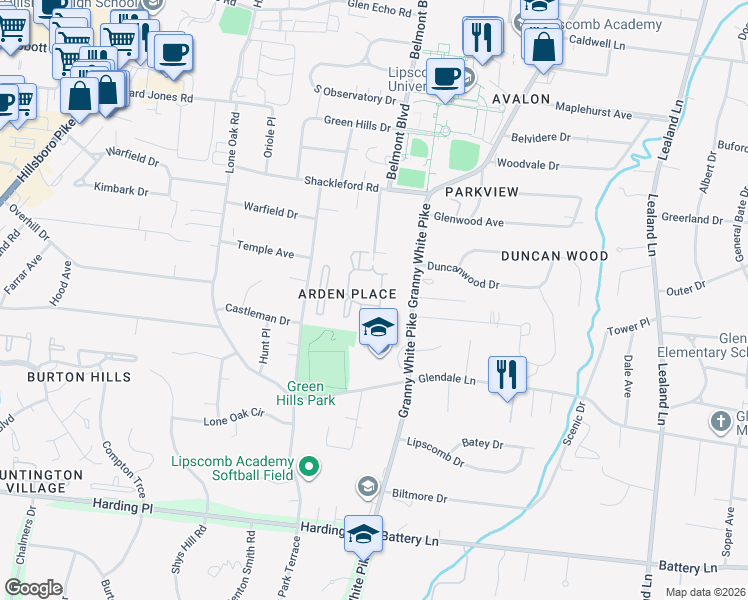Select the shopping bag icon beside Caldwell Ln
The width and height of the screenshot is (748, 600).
click(x=541, y=47)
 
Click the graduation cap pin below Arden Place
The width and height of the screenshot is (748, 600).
click(x=378, y=328)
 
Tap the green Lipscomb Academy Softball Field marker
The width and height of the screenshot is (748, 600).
click(x=309, y=466)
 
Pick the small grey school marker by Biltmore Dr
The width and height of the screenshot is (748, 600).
click(x=367, y=486)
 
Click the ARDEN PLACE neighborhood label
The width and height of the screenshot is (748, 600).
click(x=347, y=293)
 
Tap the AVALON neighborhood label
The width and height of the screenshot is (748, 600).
click(x=520, y=100)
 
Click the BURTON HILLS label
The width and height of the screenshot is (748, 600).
click(x=78, y=377)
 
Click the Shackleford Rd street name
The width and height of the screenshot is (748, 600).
click(x=342, y=186)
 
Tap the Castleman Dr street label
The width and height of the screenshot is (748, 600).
click(x=257, y=320)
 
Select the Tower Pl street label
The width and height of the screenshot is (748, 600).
click(x=629, y=326)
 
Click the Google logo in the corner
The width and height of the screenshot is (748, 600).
click(x=34, y=588)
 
